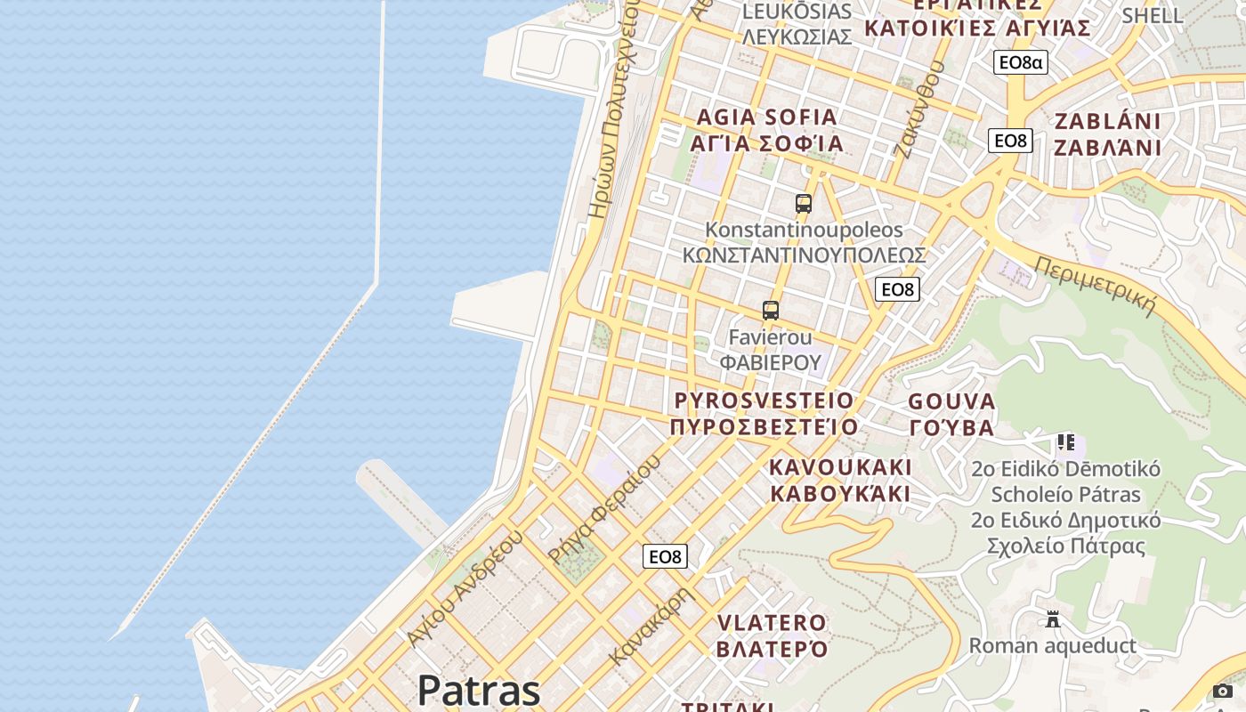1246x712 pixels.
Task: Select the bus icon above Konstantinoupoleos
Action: point(804,204)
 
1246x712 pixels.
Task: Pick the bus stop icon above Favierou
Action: point(771,311)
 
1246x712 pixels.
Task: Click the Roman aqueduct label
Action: point(1053,645)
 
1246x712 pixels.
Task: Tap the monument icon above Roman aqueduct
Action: point(1053,619)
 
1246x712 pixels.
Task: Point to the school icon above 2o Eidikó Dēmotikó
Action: point(1065,442)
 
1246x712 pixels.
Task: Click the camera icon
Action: point(1223,692)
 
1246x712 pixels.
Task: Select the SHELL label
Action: point(1153,15)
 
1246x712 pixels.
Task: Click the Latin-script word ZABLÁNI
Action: point(1108,121)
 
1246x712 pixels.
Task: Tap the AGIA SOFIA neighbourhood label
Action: point(767,117)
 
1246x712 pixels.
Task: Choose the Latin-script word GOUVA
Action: point(951,401)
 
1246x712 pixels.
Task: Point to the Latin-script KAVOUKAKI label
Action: point(841,467)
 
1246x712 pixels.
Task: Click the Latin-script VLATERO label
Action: point(772,622)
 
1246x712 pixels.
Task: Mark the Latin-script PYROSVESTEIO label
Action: point(764,400)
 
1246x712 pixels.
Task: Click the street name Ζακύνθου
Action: point(917,116)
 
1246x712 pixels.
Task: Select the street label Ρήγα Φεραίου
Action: point(604,510)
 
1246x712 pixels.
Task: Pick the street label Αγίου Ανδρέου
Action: point(464,588)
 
